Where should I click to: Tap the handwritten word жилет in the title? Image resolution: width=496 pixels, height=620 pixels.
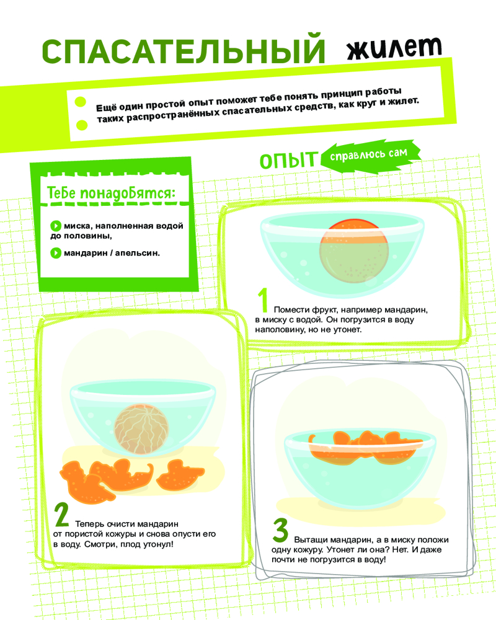(394, 48)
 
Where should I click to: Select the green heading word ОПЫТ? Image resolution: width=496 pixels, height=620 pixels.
(288, 161)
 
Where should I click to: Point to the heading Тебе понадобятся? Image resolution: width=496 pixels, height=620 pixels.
(111, 193)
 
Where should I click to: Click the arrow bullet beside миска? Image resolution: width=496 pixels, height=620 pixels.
(56, 226)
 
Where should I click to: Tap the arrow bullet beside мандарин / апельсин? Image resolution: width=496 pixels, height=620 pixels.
(56, 253)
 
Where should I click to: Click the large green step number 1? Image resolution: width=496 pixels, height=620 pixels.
(263, 299)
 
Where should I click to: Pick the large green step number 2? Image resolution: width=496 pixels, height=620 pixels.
(62, 514)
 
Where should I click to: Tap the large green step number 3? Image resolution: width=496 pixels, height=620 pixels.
(280, 530)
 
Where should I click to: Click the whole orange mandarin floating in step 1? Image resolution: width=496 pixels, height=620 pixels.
(354, 250)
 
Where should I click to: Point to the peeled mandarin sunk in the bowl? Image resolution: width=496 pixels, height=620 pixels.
(141, 428)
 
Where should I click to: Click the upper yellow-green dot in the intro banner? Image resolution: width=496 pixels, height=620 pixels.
(81, 102)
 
